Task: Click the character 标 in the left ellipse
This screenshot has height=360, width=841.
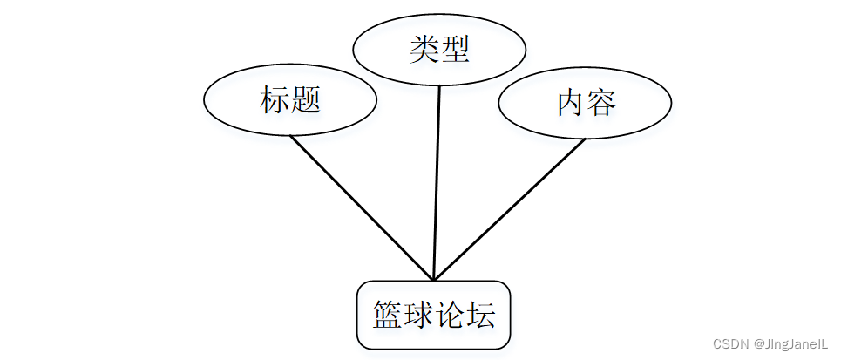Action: coord(275,101)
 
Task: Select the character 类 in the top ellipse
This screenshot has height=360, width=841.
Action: coord(424,50)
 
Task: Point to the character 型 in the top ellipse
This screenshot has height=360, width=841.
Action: coord(455,50)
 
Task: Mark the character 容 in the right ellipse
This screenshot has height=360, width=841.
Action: coord(601,103)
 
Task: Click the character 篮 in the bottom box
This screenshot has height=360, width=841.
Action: coord(388,315)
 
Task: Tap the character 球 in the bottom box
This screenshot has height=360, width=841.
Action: coord(418,315)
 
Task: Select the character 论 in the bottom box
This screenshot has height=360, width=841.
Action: coord(450,315)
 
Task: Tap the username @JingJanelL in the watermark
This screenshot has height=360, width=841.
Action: coord(790,344)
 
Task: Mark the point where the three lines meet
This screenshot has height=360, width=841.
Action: coord(434,278)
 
